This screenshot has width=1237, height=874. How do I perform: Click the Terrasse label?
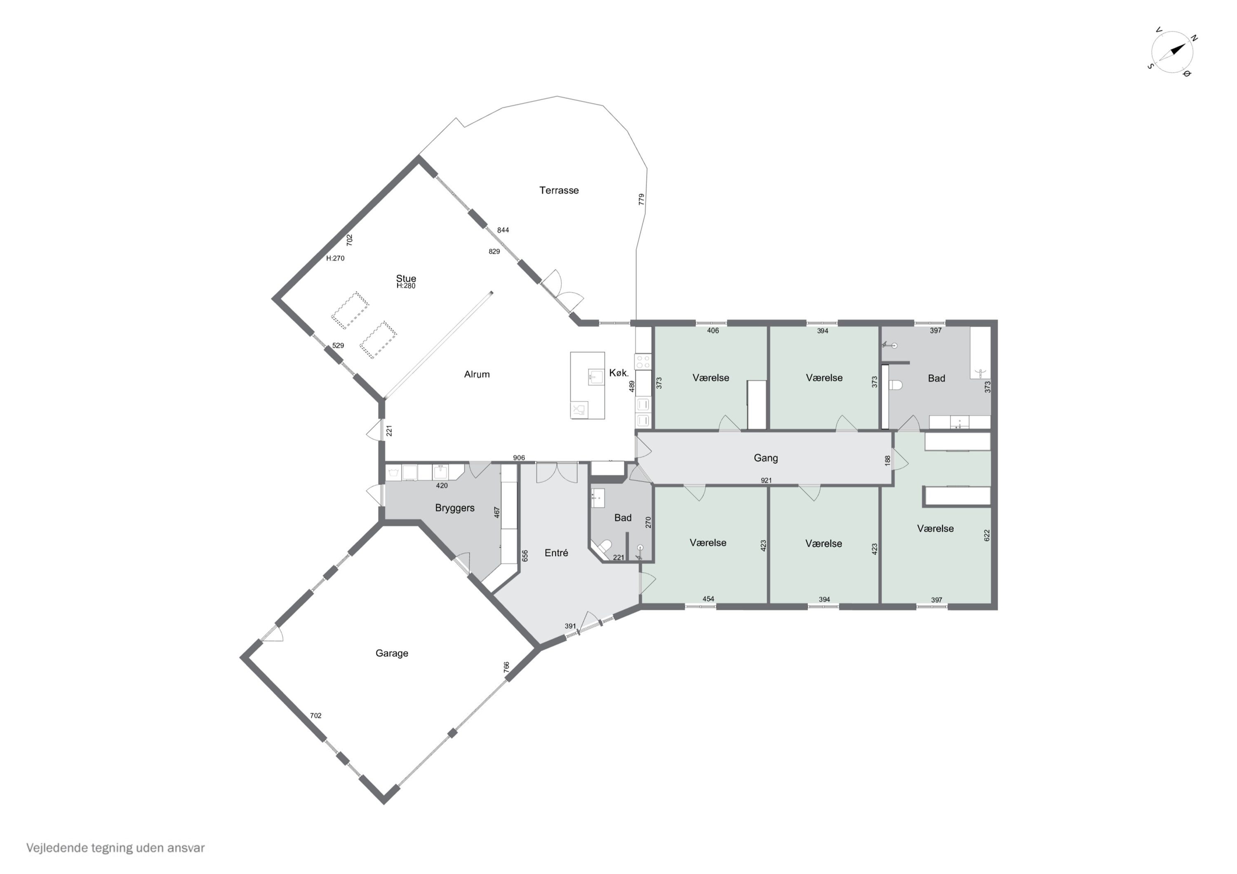[x=559, y=190]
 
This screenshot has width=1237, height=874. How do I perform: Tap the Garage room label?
[x=392, y=653]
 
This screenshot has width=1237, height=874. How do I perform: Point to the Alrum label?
[x=477, y=374]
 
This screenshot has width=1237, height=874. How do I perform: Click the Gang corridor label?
[x=766, y=458]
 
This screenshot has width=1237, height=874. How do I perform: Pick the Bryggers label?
[x=455, y=508]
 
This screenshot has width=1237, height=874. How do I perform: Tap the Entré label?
[x=556, y=553]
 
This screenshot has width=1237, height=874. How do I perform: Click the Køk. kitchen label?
[x=618, y=373]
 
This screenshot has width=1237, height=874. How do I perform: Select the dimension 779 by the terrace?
[x=641, y=199]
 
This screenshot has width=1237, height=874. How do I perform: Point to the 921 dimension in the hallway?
[x=766, y=480]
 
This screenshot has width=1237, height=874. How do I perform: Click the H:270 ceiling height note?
[x=335, y=258]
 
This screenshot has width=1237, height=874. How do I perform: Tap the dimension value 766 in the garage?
[x=506, y=667]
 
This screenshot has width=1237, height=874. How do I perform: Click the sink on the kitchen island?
[x=595, y=376]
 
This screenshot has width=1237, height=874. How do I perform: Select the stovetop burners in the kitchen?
[x=643, y=361]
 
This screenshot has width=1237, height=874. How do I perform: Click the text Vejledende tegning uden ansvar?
[x=115, y=848]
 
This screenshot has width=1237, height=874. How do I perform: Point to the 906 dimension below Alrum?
[x=519, y=458]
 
